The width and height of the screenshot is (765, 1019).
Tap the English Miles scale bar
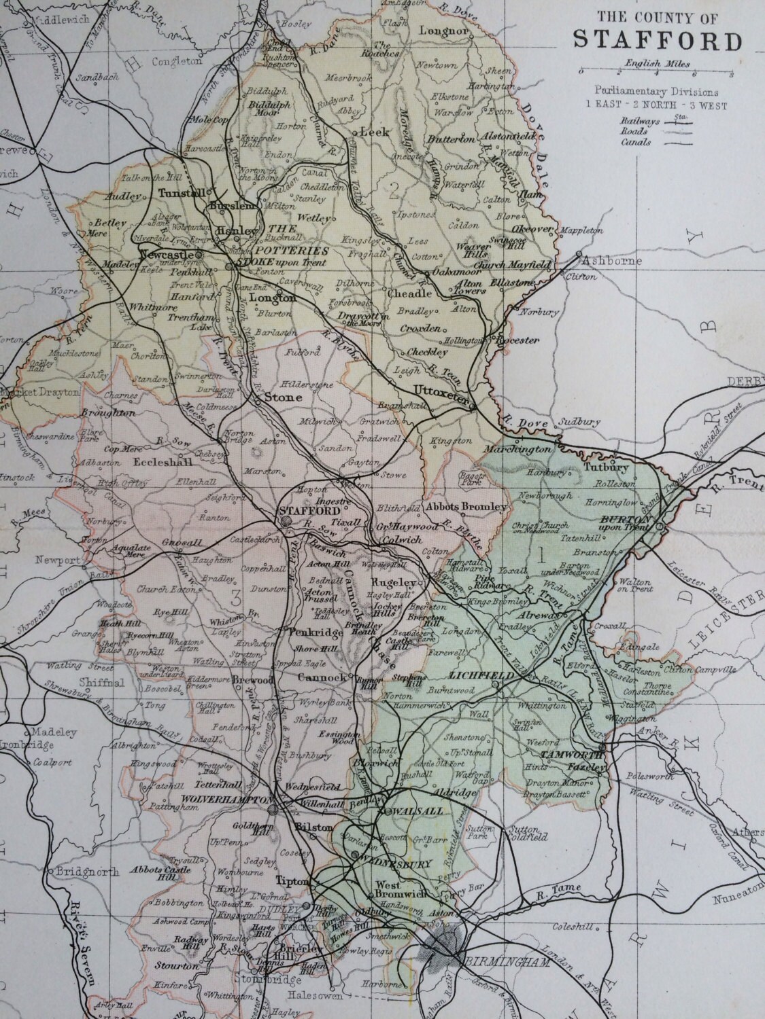click(x=655, y=72)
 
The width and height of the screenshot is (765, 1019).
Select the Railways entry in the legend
click(x=636, y=119)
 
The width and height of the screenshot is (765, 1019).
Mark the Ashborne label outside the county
click(x=602, y=261)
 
